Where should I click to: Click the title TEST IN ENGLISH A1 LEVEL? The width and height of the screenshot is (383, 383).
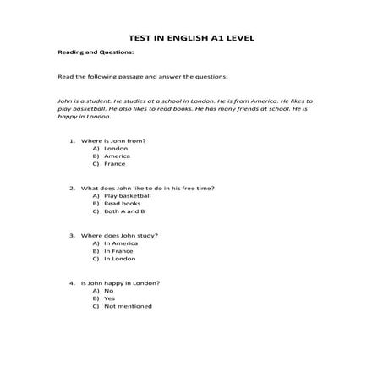(x=191, y=38)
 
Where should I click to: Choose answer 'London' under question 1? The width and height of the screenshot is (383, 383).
(x=116, y=148)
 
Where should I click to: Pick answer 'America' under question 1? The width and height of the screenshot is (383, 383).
(x=117, y=156)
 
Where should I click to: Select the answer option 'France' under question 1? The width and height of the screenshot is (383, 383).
(x=115, y=164)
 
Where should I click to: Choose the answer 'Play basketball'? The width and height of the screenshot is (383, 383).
(x=127, y=195)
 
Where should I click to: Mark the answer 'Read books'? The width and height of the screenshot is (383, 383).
(x=122, y=204)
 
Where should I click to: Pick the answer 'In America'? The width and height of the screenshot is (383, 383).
(x=120, y=243)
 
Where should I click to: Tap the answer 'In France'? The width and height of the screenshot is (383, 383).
(x=118, y=251)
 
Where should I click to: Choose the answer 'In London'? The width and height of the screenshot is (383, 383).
(x=119, y=259)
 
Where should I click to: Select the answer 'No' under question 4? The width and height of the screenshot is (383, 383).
(x=108, y=290)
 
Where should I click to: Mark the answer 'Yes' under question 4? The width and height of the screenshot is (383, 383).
(x=109, y=298)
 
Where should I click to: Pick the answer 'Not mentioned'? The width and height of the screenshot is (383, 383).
(x=128, y=306)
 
